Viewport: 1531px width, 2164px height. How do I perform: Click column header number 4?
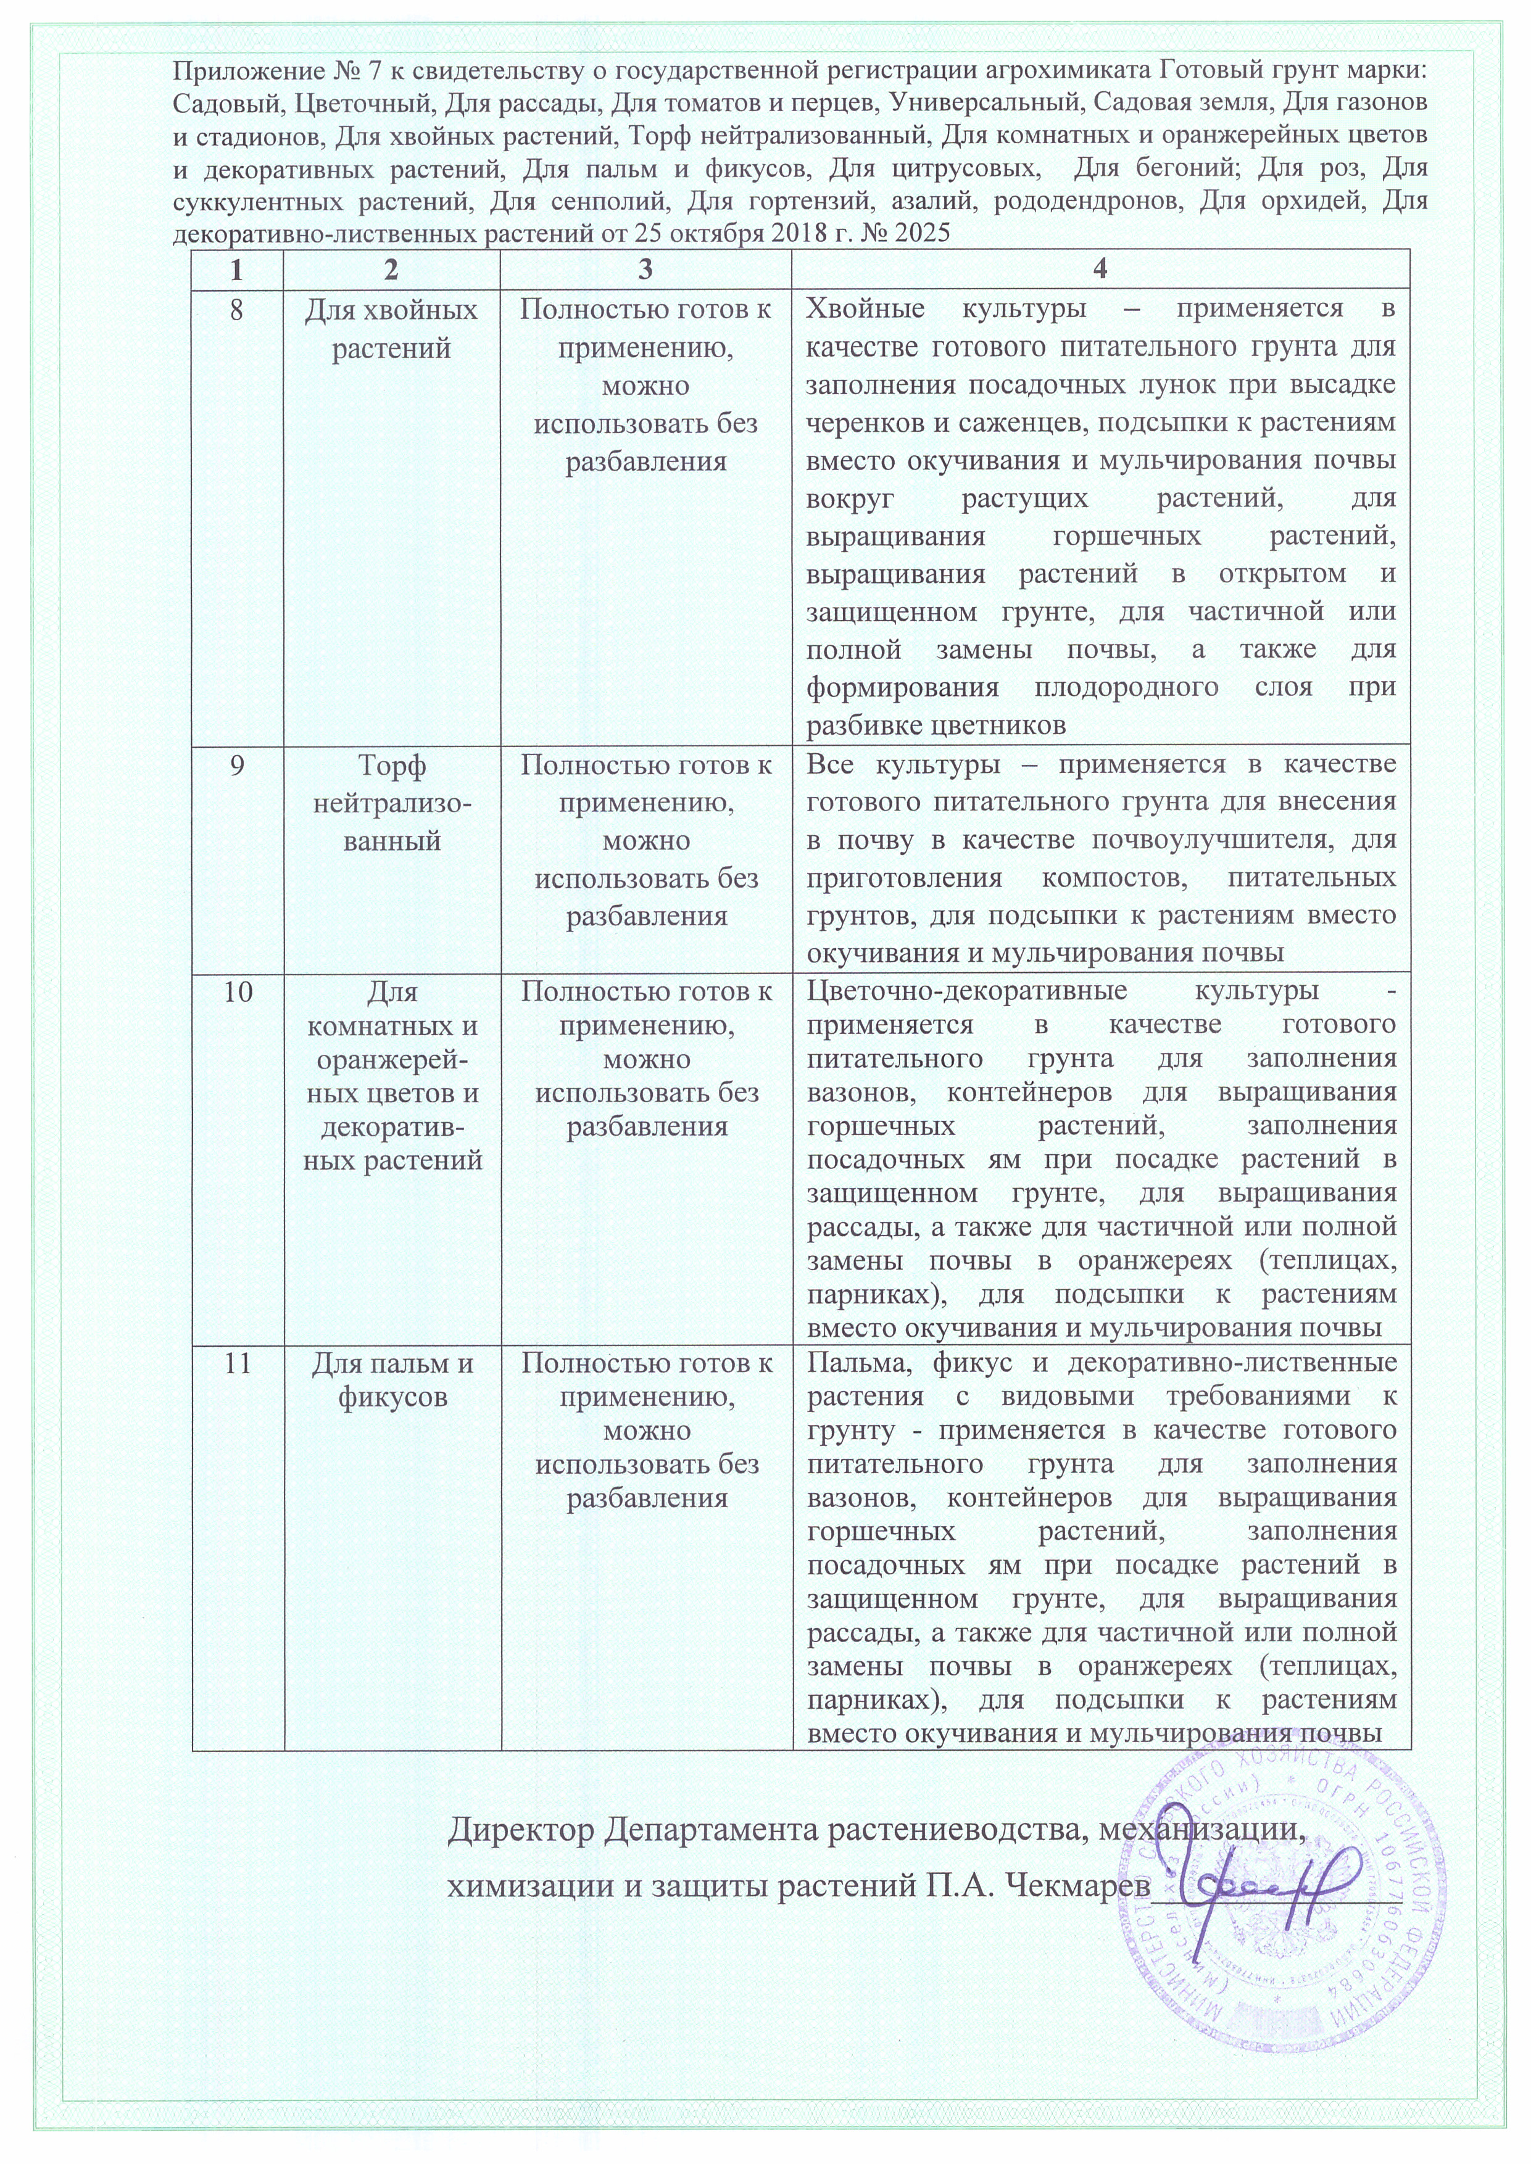[1100, 270]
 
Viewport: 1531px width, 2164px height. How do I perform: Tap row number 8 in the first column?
[236, 310]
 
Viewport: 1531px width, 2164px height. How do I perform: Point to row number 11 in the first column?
[236, 1364]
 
